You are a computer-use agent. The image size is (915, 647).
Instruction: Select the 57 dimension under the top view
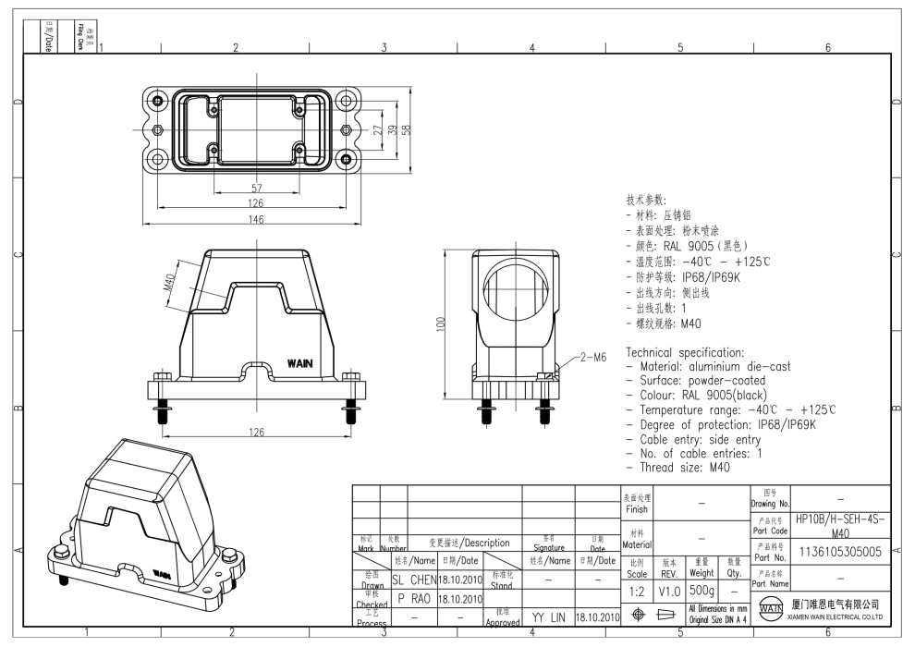point(256,188)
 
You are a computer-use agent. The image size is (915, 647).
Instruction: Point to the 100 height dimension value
point(442,323)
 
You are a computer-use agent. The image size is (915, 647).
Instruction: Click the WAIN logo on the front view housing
point(301,362)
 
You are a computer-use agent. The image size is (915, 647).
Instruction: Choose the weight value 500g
point(701,590)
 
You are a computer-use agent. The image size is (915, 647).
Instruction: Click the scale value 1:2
point(637,590)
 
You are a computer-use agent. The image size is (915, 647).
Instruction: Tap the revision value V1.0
point(669,590)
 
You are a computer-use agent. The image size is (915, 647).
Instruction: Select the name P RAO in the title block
point(413,599)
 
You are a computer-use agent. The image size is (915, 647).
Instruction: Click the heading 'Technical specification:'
point(685,353)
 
